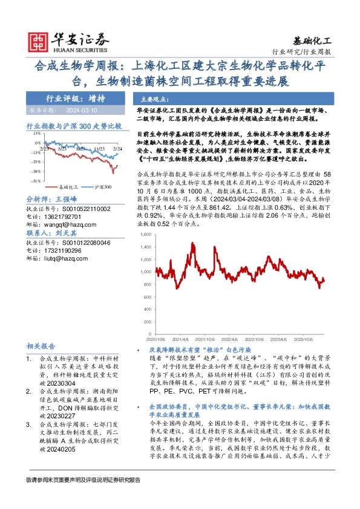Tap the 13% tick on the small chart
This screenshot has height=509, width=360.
[37, 133]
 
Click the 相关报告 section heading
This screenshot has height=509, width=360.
[42, 346]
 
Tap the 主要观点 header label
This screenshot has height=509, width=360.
[154, 99]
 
